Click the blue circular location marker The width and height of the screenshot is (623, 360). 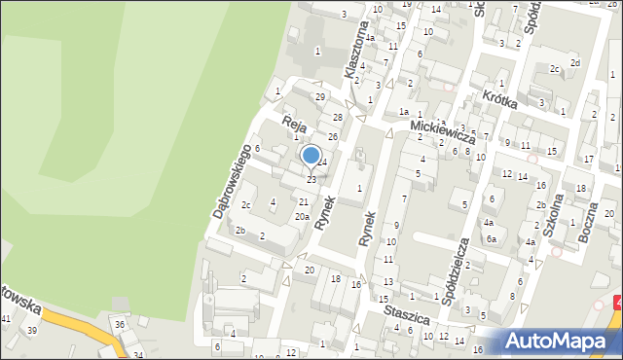(311, 155)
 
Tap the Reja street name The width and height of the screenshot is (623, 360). (295, 124)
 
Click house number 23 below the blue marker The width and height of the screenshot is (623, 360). (311, 180)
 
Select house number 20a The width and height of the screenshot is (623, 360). (303, 216)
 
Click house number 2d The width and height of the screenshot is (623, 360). (574, 63)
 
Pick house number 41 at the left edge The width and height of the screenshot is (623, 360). (6, 319)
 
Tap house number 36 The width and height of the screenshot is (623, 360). (119, 324)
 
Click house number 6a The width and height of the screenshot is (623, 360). (493, 238)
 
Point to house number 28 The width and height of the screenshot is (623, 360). (338, 118)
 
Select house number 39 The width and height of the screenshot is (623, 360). (32, 331)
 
